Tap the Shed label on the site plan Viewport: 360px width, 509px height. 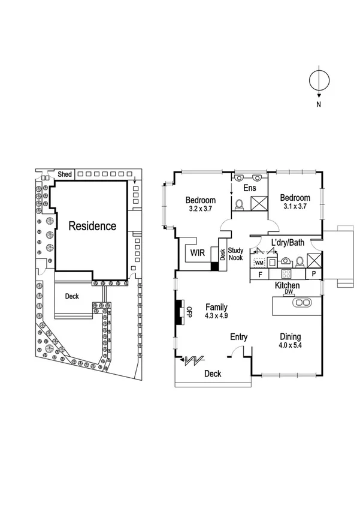point(65,174)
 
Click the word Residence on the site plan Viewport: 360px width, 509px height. point(92,226)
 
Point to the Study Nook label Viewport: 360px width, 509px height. point(236,254)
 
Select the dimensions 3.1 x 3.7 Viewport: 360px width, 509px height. point(294,207)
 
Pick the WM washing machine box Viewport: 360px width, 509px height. point(259,263)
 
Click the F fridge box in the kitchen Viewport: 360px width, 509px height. point(260,275)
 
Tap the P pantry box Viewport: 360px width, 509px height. point(313,275)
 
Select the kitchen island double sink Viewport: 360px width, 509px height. point(301,303)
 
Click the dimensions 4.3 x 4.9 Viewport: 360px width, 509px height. point(216,315)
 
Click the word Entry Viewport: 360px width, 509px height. point(239,337)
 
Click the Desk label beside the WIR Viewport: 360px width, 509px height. point(222,254)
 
